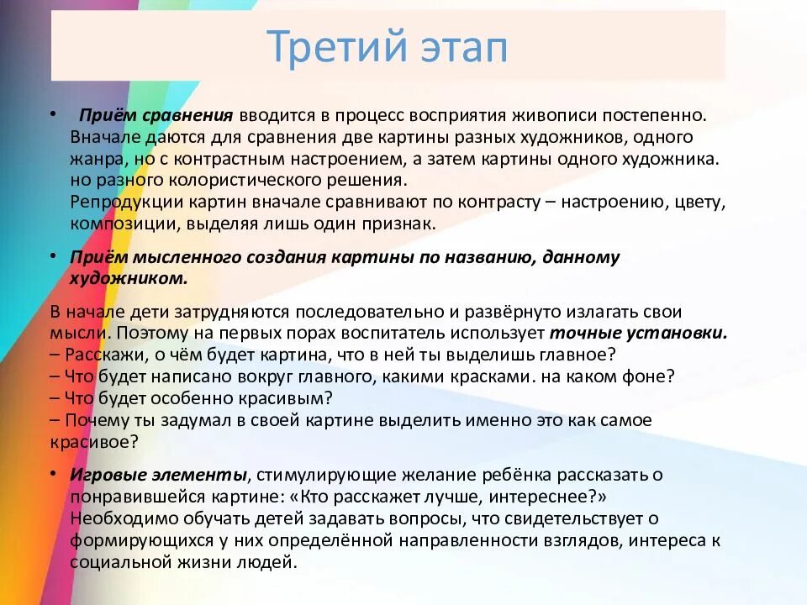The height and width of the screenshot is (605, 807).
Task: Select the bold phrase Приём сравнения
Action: pyautogui.click(x=156, y=115)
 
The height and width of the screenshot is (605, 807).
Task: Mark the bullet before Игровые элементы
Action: pyautogui.click(x=52, y=474)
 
